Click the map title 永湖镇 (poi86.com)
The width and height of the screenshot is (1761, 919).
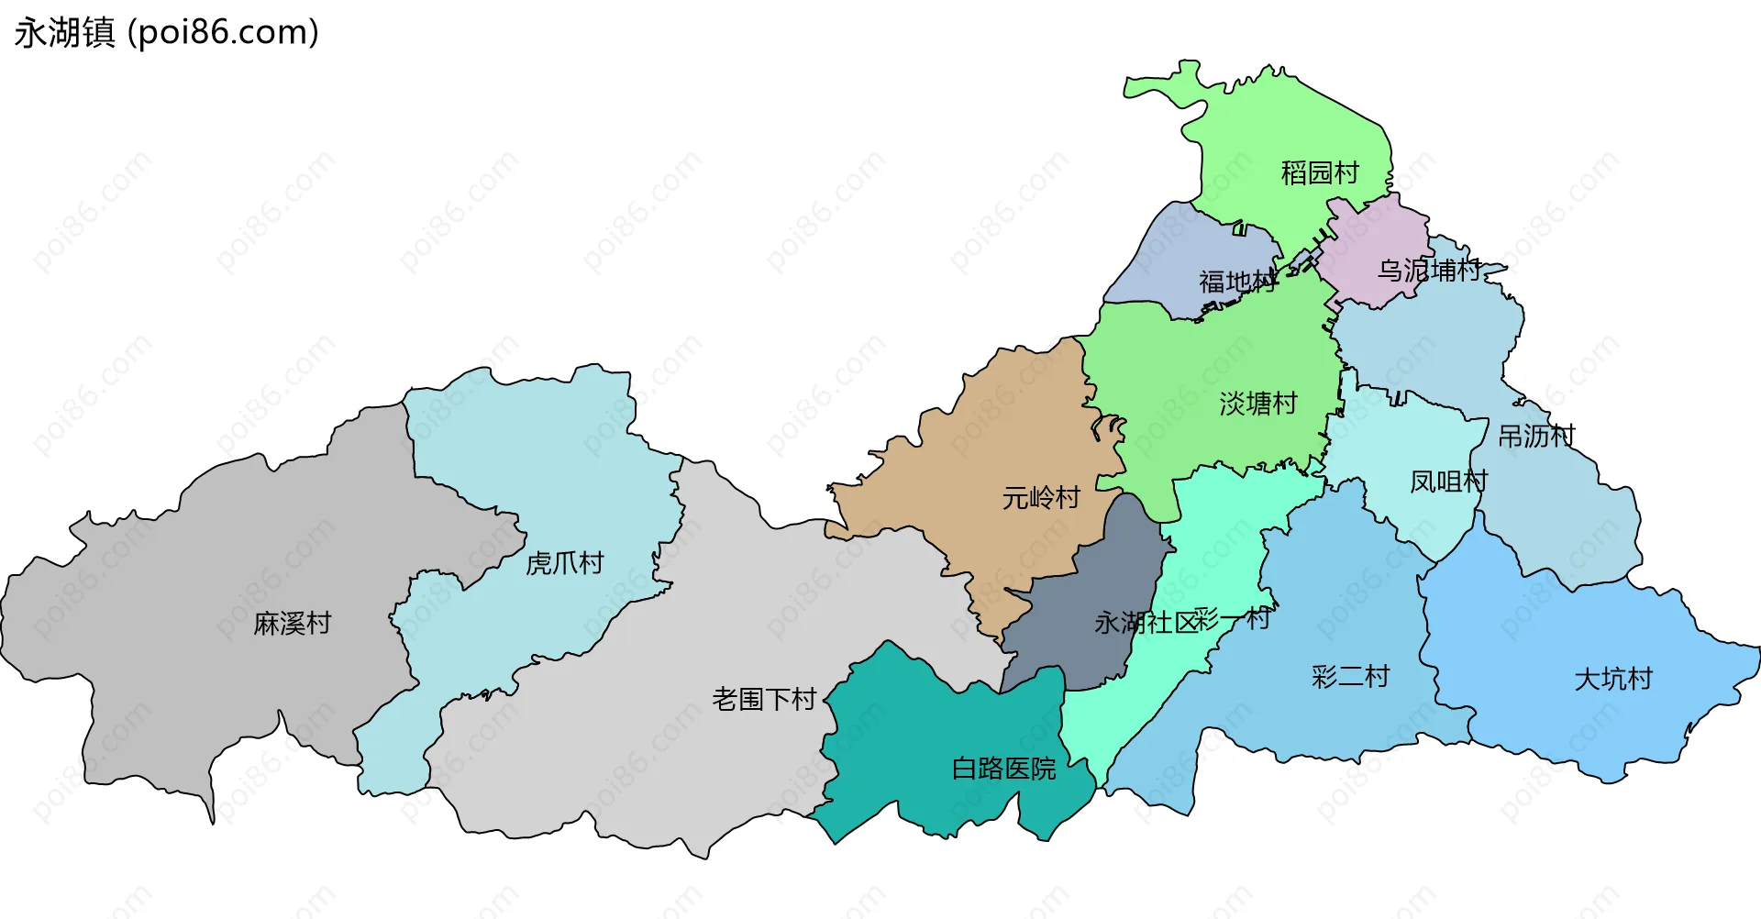click(166, 32)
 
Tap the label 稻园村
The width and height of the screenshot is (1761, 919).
click(1319, 172)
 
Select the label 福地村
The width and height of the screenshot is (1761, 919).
click(1237, 282)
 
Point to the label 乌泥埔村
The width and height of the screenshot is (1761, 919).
click(1429, 271)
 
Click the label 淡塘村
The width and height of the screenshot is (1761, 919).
click(1257, 404)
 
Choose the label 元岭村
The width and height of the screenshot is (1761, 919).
click(1041, 498)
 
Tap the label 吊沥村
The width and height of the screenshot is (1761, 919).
click(1536, 436)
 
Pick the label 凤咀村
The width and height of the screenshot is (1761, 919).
click(1448, 482)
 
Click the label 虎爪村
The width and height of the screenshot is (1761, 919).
click(564, 563)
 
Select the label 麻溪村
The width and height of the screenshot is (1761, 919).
click(292, 624)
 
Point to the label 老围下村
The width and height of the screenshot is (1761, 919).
click(764, 700)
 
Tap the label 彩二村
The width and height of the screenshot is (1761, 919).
click(1350, 677)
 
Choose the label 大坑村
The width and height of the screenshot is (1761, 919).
click(1612, 680)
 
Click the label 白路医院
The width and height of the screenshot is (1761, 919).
click(1003, 769)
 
